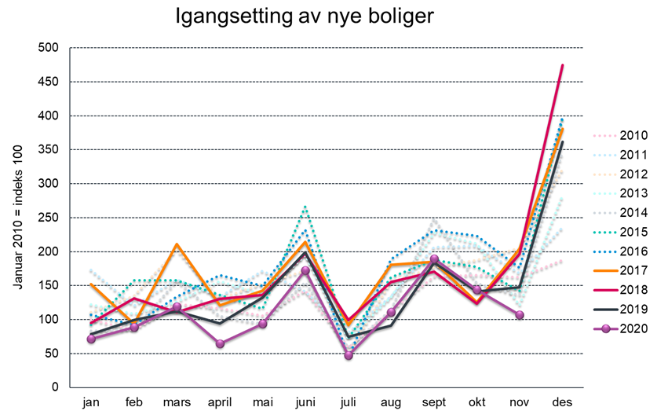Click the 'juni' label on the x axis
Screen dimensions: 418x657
click(x=305, y=402)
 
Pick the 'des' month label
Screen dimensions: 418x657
click(x=561, y=402)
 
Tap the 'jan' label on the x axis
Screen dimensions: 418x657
click(x=91, y=402)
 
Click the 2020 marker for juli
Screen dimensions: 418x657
click(x=349, y=355)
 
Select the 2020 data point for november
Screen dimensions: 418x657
click(x=519, y=315)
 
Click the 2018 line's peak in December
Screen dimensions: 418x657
click(x=562, y=65)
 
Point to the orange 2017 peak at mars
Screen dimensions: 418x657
click(x=177, y=245)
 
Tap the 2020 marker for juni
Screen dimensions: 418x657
click(x=305, y=270)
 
